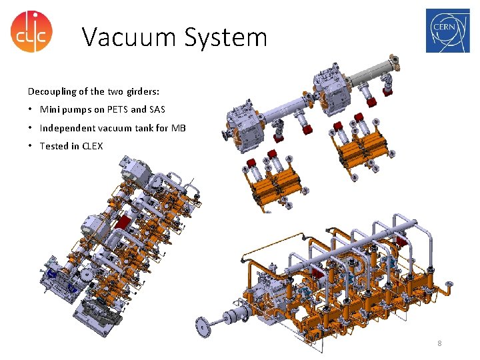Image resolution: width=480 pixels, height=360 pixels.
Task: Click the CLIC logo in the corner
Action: click(31, 31)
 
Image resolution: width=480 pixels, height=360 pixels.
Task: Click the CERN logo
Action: click(447, 31)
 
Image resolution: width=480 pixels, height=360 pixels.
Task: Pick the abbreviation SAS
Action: click(156, 109)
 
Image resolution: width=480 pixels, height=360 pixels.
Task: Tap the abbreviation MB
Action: click(179, 127)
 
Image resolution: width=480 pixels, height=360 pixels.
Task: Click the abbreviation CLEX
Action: click(93, 145)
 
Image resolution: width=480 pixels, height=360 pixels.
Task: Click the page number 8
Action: click(439, 343)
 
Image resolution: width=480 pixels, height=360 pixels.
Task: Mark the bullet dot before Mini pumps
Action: click(31, 109)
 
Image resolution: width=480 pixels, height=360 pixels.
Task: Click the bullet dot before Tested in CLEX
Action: click(31, 145)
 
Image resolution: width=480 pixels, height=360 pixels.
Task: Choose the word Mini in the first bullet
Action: click(50, 109)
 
